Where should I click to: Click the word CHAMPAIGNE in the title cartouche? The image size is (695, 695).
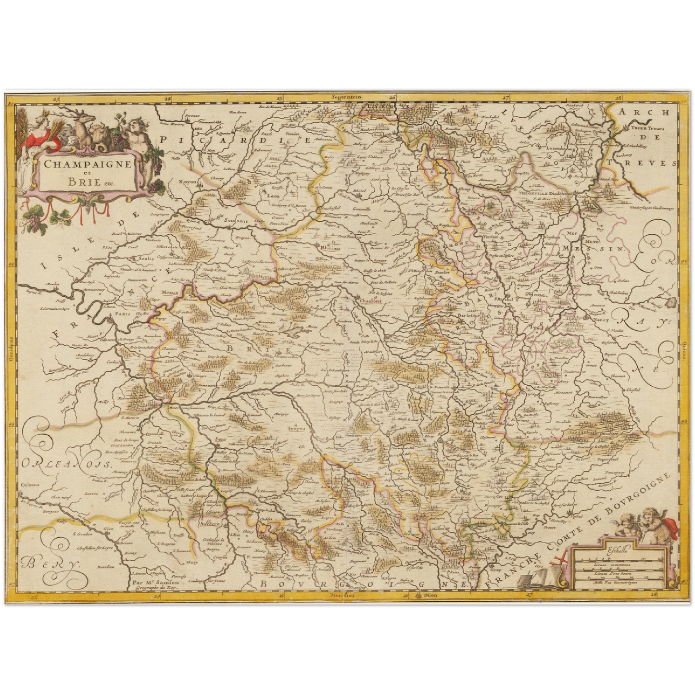point(88,163)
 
